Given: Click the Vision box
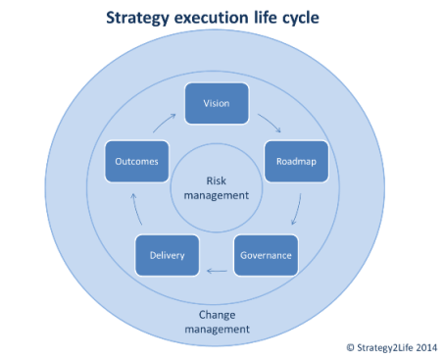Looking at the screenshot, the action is tap(218, 103).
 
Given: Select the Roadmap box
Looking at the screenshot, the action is tap(295, 160).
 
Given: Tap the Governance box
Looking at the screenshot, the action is tap(265, 255).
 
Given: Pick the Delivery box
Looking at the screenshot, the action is tap(167, 255).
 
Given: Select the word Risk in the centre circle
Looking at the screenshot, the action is tap(217, 180).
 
